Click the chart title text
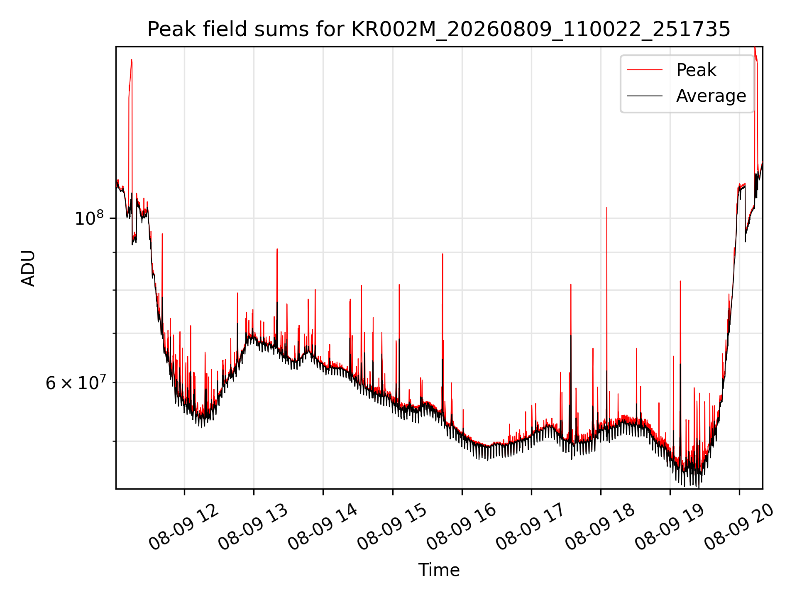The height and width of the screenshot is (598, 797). (x=439, y=29)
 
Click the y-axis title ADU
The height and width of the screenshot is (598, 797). (x=28, y=268)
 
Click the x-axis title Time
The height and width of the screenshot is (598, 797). (x=439, y=570)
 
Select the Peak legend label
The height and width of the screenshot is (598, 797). (x=696, y=70)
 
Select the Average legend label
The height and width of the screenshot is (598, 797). (x=711, y=96)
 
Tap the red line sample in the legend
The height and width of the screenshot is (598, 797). (x=645, y=70)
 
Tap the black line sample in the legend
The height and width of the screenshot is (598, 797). (x=645, y=96)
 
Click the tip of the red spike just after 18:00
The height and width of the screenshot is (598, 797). (x=606, y=207)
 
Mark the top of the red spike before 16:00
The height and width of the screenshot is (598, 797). (x=443, y=254)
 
